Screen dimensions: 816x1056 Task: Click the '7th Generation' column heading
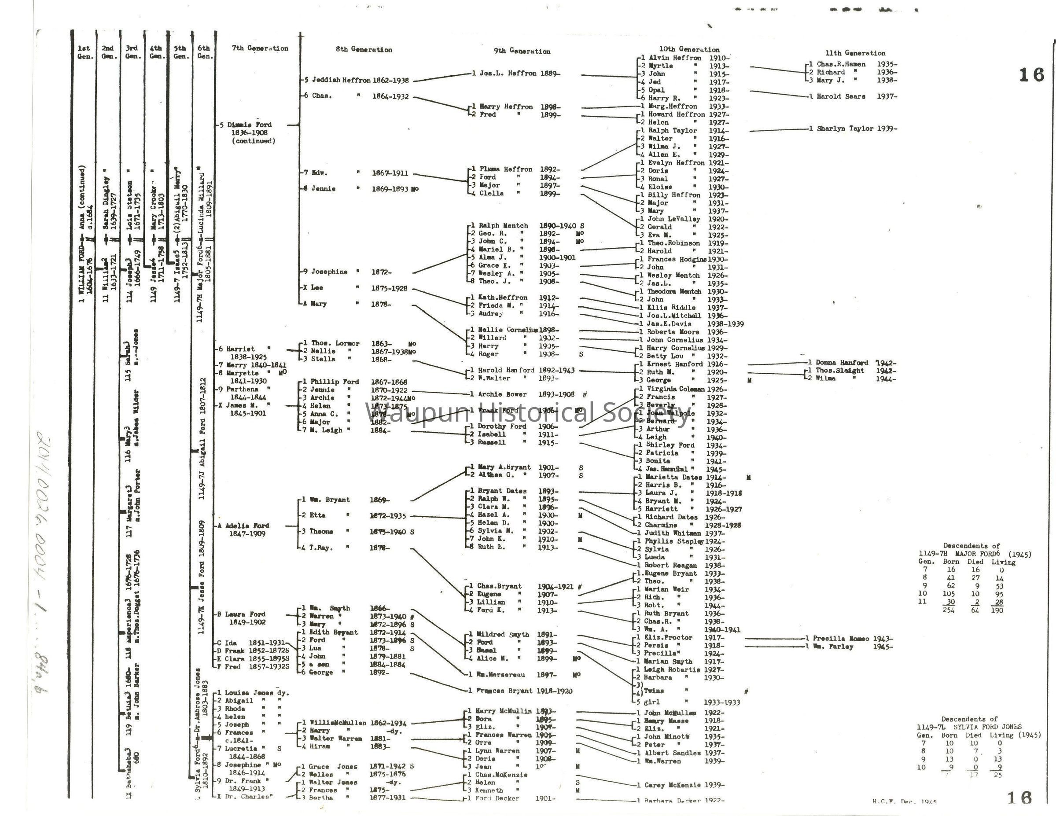point(260,48)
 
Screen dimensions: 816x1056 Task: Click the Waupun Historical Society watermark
point(527,414)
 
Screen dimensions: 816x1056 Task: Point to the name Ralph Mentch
point(503,226)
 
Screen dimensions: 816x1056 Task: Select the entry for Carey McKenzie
point(673,785)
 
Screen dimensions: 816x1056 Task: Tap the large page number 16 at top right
point(1031,75)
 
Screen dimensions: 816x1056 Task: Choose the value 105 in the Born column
point(951,594)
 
